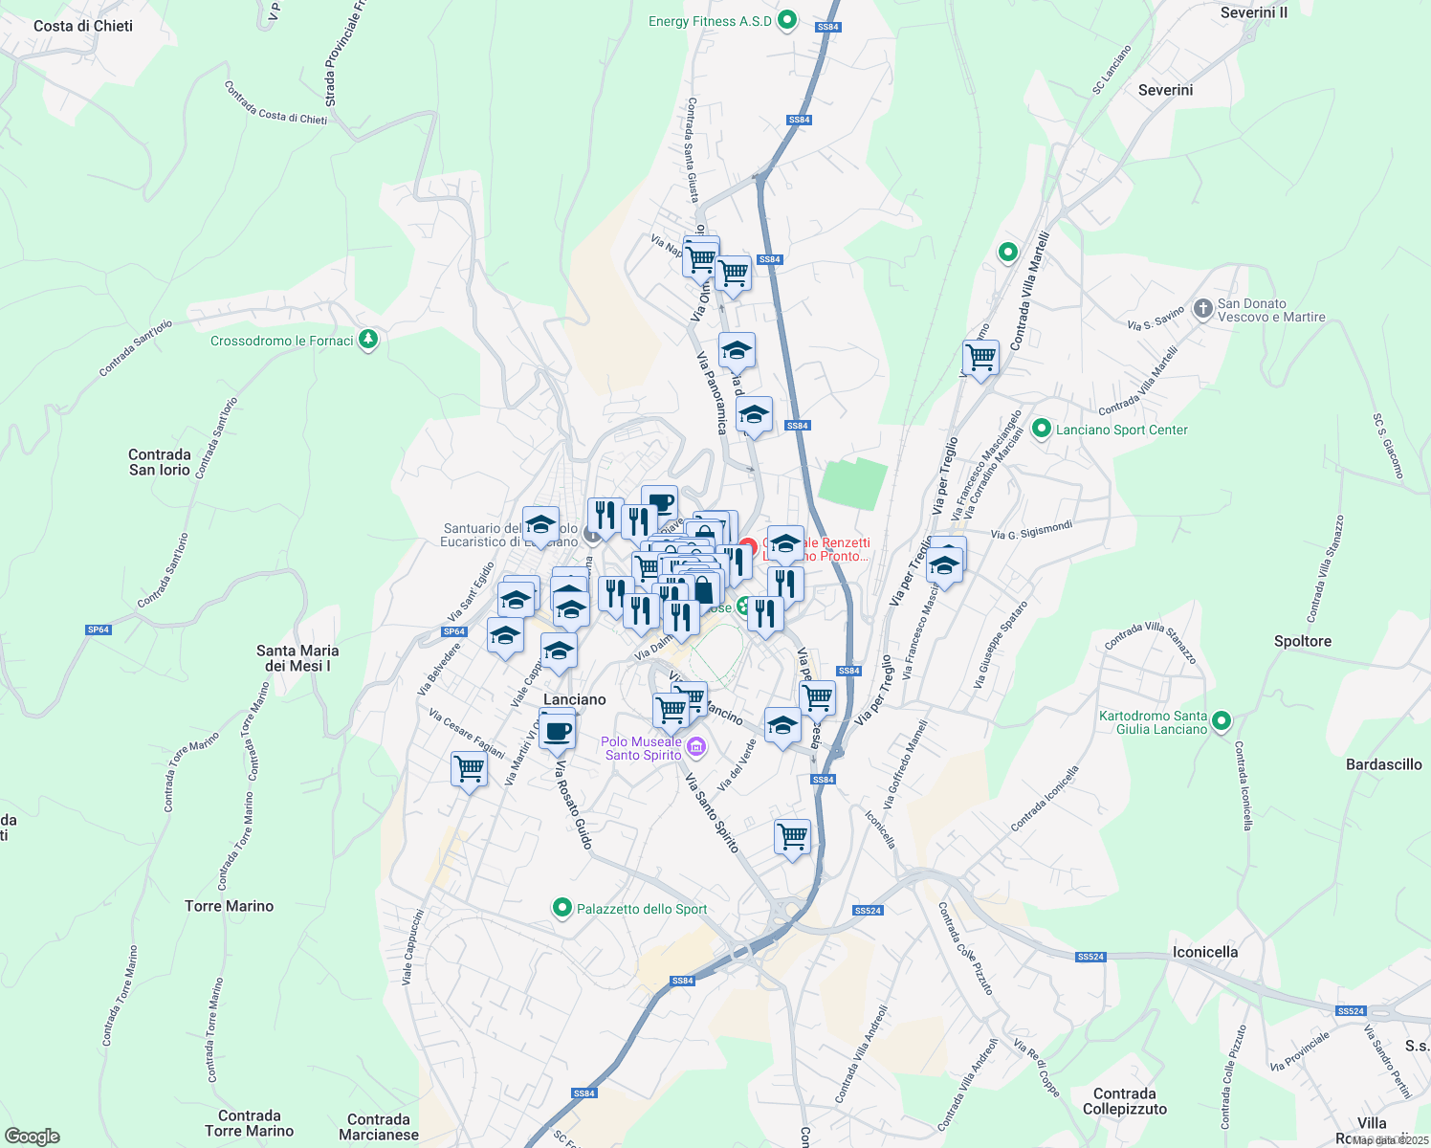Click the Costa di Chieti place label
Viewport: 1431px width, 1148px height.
click(83, 26)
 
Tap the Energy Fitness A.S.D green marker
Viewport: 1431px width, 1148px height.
click(787, 20)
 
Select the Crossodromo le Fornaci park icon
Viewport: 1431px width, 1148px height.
click(368, 340)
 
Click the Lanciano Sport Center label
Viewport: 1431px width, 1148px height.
click(1121, 430)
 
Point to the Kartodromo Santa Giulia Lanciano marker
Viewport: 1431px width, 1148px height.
click(1222, 721)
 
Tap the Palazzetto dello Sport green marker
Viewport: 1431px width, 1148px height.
click(562, 908)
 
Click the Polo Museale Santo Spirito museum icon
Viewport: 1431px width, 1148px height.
click(696, 746)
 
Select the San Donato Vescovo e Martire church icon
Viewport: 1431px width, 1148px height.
click(1202, 309)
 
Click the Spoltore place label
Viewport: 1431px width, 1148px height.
click(1302, 641)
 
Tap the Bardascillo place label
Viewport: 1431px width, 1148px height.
click(1383, 764)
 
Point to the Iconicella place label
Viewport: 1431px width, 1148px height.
click(1204, 952)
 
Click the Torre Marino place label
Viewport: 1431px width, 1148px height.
click(229, 906)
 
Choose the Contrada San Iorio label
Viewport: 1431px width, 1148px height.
click(160, 462)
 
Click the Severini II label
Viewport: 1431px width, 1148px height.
click(1253, 13)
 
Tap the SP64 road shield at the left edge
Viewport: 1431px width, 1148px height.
click(99, 629)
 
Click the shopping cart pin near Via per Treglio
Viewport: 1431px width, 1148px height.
click(980, 359)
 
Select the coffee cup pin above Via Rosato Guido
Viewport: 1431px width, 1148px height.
click(557, 732)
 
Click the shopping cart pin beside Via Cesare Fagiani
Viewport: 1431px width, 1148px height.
click(469, 768)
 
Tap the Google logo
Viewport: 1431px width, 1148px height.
click(33, 1137)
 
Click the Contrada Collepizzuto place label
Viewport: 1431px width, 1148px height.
click(1124, 1101)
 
